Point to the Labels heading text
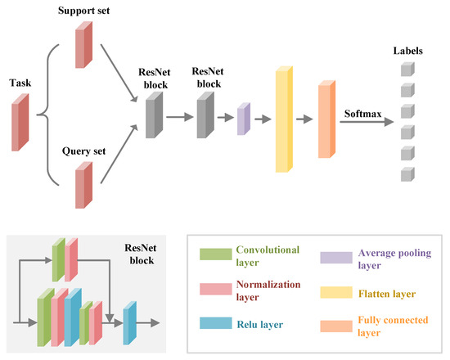407,51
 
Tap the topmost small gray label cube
407,70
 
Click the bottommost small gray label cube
407,173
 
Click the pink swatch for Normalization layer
213,289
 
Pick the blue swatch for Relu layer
213,322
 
